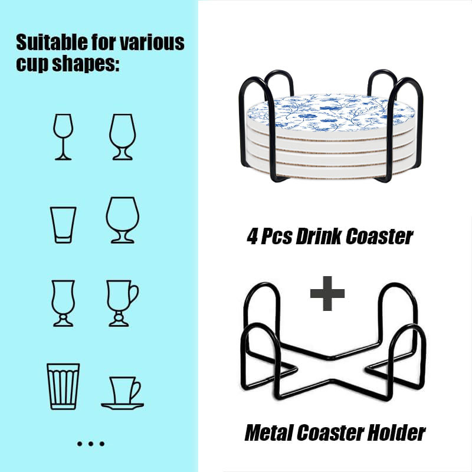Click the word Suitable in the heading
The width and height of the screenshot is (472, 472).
[x=51, y=42]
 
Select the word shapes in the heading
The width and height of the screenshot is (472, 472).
[x=86, y=64]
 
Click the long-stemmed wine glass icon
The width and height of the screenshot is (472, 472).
[x=63, y=137]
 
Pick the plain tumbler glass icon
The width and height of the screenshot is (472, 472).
[x=63, y=225]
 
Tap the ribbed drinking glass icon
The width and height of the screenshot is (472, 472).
[x=63, y=386]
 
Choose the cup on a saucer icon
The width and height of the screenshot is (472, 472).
[x=122, y=393]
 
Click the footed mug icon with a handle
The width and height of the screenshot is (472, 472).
[x=123, y=303]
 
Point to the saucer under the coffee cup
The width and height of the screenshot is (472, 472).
[x=122, y=406]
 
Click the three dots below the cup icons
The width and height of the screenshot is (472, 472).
[x=91, y=444]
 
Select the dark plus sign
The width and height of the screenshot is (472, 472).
[x=327, y=293]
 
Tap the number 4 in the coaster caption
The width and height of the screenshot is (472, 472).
[x=253, y=237]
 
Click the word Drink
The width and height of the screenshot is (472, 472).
[x=319, y=237]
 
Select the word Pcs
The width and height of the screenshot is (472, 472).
[x=276, y=237]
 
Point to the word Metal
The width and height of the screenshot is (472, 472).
[x=269, y=433]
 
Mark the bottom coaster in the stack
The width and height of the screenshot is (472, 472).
[x=331, y=172]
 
